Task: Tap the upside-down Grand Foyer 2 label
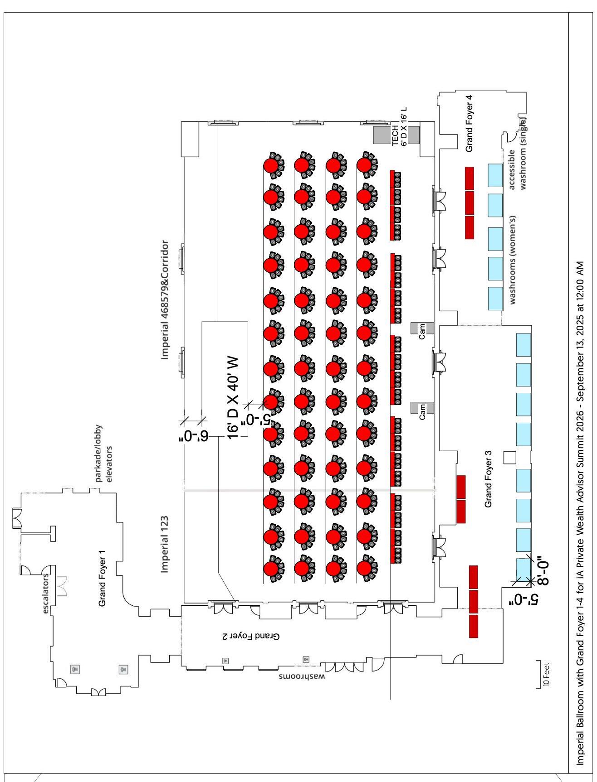tap(251, 636)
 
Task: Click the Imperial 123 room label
tap(165, 544)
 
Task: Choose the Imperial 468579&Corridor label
tap(165, 300)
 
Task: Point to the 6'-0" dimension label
tap(193, 436)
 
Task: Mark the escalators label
tap(46, 594)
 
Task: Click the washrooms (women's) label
tap(513, 260)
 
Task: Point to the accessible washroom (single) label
tap(517, 154)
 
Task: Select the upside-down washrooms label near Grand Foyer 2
tap(302, 677)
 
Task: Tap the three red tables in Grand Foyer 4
tap(470, 203)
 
